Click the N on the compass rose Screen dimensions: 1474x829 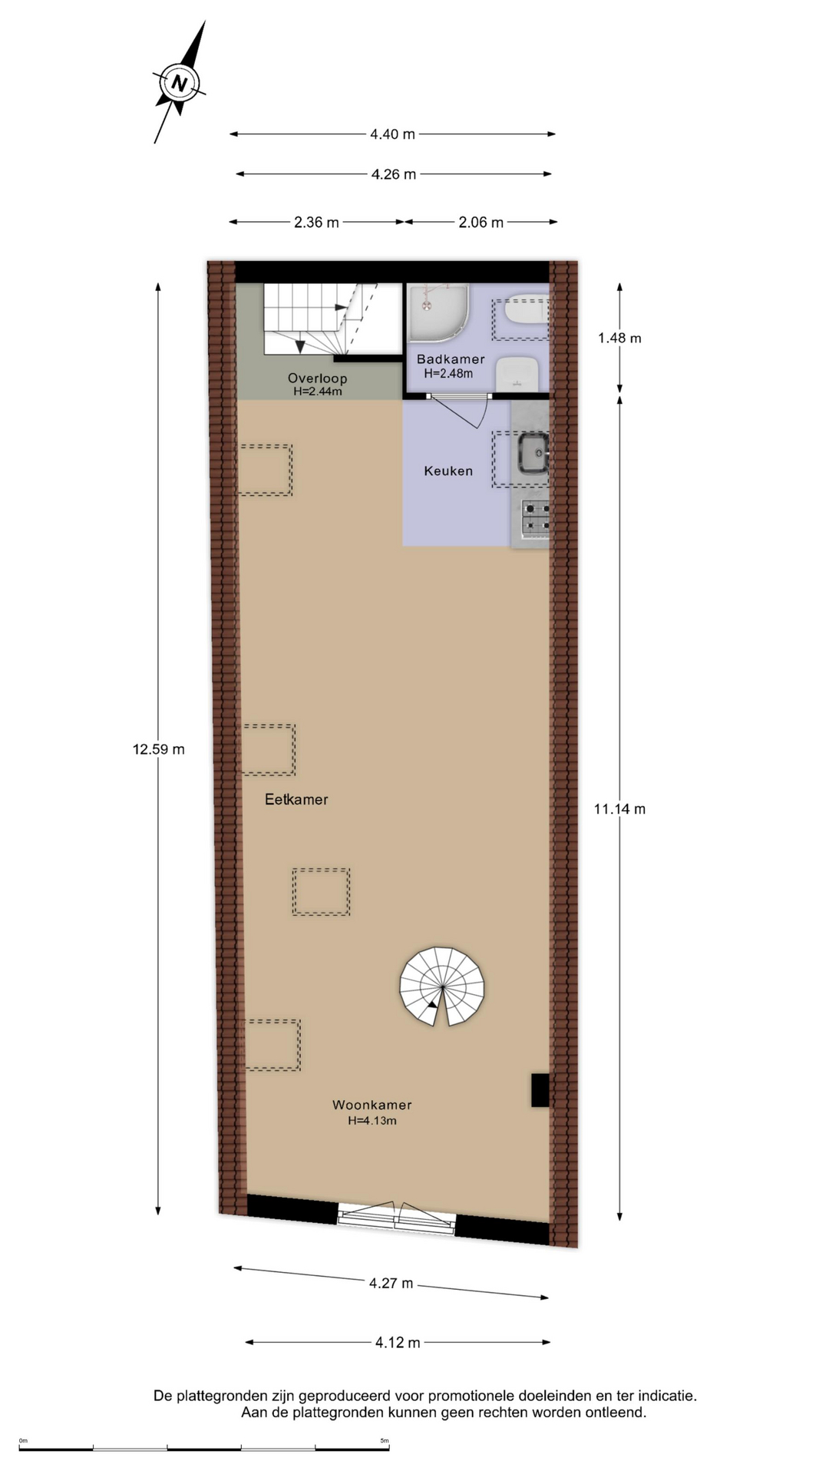click(x=179, y=83)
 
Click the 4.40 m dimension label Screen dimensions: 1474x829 click(x=392, y=134)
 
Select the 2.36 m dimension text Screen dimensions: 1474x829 click(x=316, y=223)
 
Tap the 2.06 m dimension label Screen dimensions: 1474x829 click(x=481, y=223)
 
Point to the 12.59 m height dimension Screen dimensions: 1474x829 click(x=158, y=749)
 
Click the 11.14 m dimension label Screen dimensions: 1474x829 click(x=619, y=808)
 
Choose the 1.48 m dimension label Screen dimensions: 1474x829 click(x=619, y=338)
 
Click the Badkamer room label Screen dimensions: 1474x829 click(x=451, y=359)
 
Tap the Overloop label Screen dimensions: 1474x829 click(x=317, y=378)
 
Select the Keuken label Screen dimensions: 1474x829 click(x=448, y=471)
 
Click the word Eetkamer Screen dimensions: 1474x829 click(x=296, y=800)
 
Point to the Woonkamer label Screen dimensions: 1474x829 click(x=372, y=1105)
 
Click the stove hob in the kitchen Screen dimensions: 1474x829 click(x=536, y=517)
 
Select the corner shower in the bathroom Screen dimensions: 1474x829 click(x=434, y=311)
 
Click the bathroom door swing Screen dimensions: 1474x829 click(x=468, y=411)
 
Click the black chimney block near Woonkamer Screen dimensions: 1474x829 click(x=540, y=1090)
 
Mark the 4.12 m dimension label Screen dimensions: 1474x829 click(x=398, y=1343)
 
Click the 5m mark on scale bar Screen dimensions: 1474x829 click(x=385, y=1440)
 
